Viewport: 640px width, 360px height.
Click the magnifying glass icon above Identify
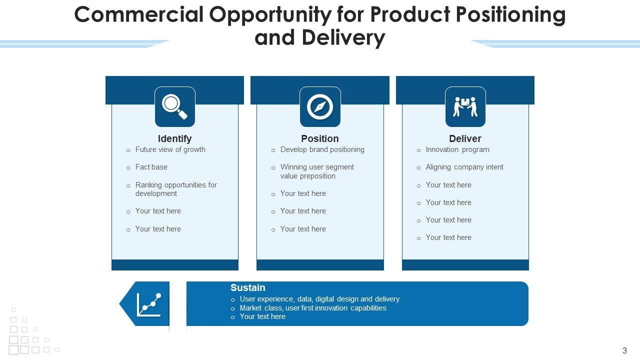tap(174, 106)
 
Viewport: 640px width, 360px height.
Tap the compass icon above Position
tap(319, 107)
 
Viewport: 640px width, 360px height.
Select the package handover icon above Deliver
tap(465, 106)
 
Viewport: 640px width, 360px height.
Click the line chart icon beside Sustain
tap(149, 304)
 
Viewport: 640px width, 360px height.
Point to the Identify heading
tap(174, 138)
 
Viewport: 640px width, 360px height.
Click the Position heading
tap(319, 138)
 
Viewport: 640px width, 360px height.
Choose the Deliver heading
tap(465, 138)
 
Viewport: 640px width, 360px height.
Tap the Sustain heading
tap(247, 287)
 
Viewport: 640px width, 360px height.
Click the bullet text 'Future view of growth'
tap(170, 149)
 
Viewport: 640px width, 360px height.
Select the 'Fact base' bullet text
tap(151, 167)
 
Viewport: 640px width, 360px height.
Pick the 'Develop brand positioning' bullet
tap(322, 149)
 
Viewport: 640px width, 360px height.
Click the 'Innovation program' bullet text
tap(457, 149)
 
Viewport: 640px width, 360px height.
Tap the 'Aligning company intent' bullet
tap(464, 167)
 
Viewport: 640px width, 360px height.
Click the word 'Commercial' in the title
tap(139, 14)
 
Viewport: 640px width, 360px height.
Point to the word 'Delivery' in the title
tap(343, 37)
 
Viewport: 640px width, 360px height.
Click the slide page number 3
tap(624, 350)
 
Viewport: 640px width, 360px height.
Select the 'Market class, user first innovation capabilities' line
tap(313, 308)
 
